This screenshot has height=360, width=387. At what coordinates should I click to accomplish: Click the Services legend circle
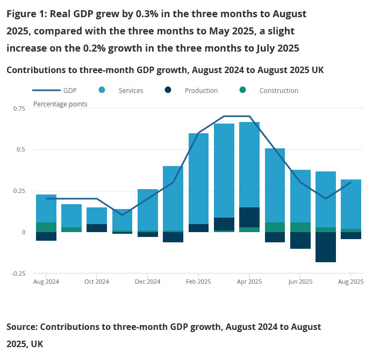(x=102, y=90)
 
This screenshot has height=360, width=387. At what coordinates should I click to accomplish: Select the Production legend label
(x=201, y=91)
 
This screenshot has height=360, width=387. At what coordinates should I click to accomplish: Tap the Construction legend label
(x=278, y=91)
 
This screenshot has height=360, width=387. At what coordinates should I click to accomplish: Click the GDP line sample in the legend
(x=46, y=90)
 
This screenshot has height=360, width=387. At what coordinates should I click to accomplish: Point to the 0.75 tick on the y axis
(x=19, y=109)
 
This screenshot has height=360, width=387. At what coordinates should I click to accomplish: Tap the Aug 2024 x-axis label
(x=46, y=282)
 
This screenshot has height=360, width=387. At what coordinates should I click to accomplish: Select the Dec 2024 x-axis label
(x=147, y=282)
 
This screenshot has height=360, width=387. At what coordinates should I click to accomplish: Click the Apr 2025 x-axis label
(x=249, y=282)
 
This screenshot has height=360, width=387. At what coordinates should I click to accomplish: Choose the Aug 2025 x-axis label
(x=350, y=282)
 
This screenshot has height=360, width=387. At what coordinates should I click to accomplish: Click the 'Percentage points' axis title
(x=60, y=104)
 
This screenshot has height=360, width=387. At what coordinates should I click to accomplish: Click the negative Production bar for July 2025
(x=325, y=247)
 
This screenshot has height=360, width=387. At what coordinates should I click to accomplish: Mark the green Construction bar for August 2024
(x=46, y=227)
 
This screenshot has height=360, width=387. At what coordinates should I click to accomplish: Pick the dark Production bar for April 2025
(x=249, y=217)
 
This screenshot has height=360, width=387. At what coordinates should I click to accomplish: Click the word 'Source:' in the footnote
(x=21, y=327)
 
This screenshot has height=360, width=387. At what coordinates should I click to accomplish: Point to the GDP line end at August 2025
(x=350, y=183)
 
